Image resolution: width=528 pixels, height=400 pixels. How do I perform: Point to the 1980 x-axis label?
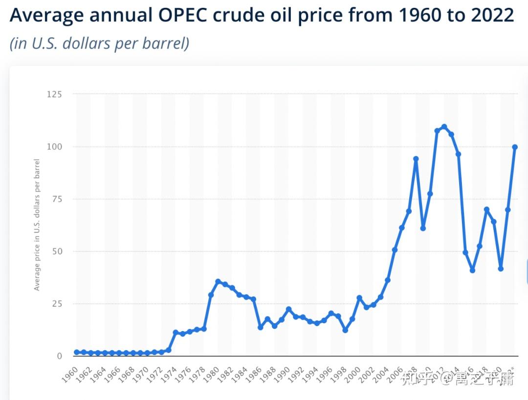coord(212,374)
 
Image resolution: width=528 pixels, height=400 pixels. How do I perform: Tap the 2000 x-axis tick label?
coord(353,374)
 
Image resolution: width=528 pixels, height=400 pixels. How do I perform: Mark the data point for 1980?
coord(218,282)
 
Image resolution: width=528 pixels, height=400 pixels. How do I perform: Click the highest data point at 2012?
coord(444,127)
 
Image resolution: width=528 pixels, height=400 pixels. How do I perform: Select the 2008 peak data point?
coord(416,159)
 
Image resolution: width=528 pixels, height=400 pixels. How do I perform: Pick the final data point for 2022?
coord(515,147)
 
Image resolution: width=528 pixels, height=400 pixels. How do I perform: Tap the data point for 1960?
coord(77,352)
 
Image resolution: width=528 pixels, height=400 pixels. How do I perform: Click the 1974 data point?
coord(176,333)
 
